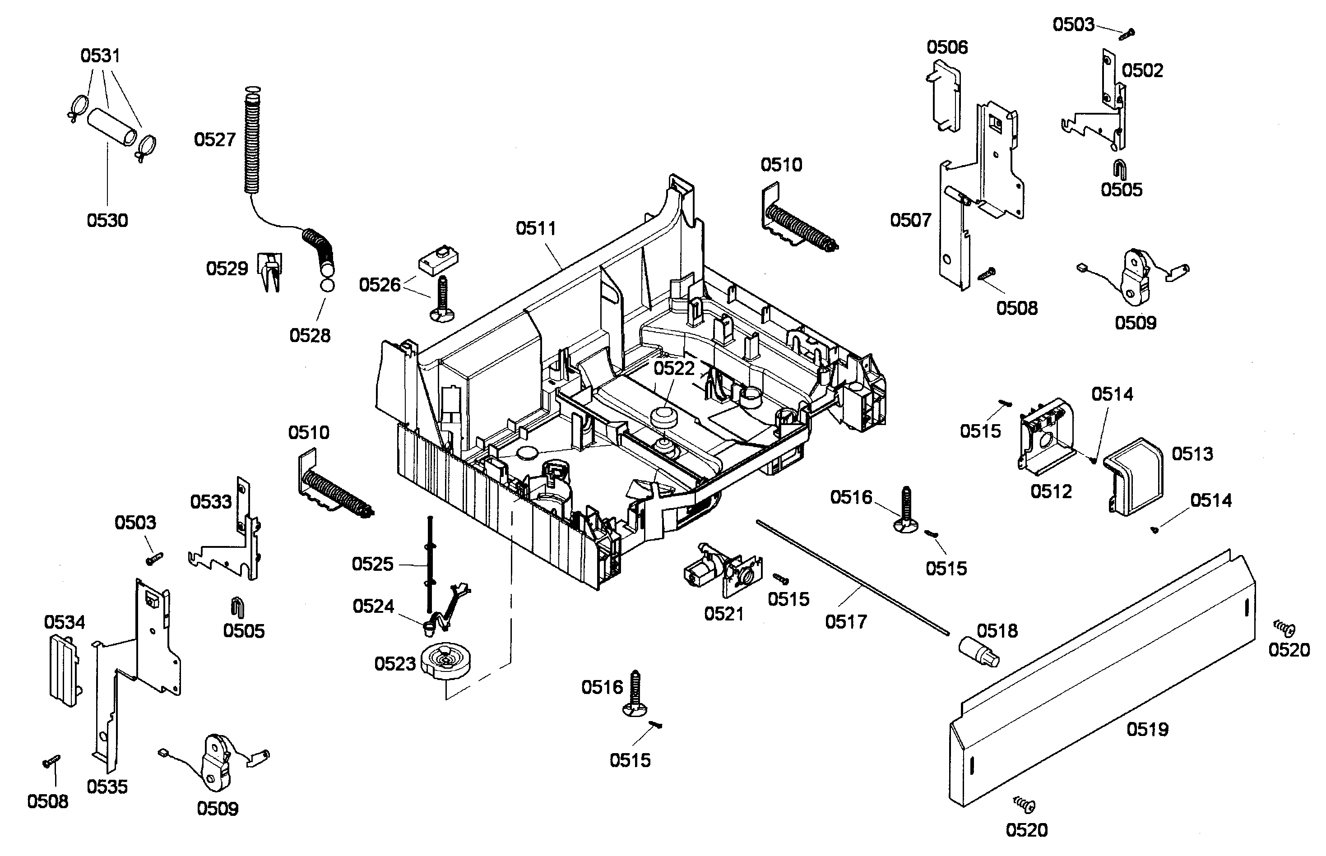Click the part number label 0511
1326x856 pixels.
535,228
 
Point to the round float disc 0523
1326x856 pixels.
446,662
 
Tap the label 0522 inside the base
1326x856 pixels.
674,369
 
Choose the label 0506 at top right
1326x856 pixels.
947,47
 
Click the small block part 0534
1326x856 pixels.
63,670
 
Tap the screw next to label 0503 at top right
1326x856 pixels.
1127,34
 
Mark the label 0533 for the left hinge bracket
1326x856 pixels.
211,502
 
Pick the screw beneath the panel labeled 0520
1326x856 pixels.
1024,804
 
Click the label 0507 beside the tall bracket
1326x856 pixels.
910,220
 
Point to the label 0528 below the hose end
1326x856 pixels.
310,336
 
